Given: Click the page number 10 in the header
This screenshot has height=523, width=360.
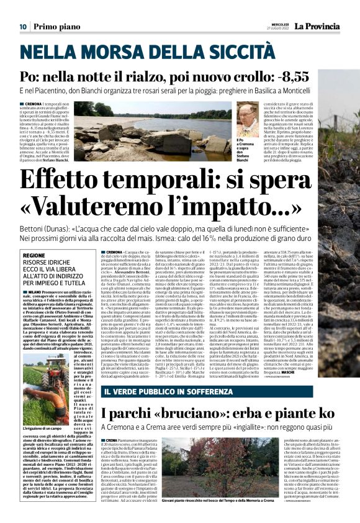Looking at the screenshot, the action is (22, 27).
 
